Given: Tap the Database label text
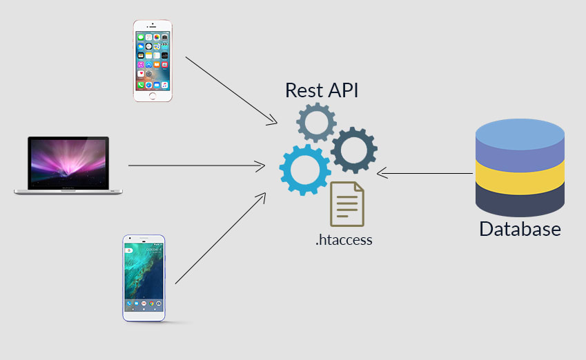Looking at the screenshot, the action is click(520, 229).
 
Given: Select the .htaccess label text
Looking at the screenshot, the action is click(344, 240).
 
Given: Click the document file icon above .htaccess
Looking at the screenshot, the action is click(346, 204).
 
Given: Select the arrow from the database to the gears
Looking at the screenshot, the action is click(425, 173).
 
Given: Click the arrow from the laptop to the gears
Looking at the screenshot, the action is click(197, 166).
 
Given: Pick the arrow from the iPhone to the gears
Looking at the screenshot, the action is click(232, 91).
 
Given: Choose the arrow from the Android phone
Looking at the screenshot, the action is click(220, 238).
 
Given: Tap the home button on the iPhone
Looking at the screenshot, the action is click(153, 96).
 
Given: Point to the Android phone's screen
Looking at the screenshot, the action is click(144, 277).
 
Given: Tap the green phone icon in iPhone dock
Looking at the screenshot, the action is click(141, 85).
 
